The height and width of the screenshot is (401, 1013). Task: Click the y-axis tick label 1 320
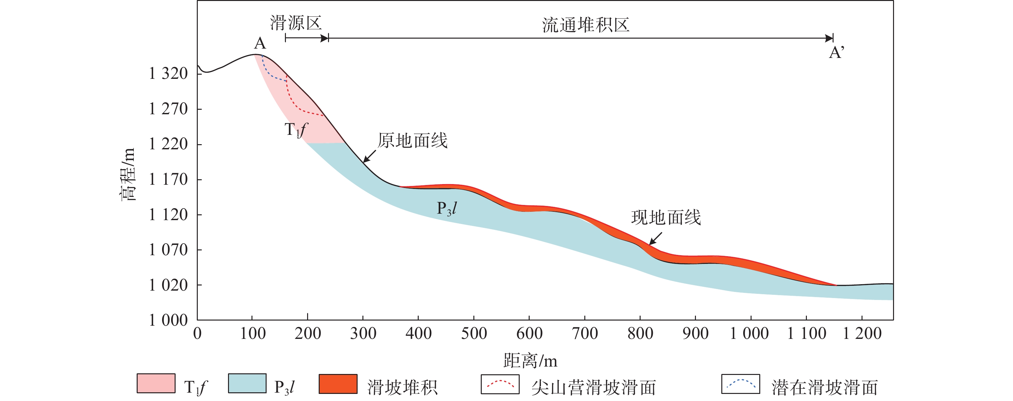168,74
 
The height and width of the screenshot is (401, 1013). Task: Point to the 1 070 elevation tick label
168,250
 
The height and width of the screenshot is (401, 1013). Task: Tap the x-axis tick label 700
585,334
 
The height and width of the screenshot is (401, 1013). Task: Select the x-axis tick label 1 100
807,334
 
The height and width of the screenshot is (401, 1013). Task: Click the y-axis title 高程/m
128,174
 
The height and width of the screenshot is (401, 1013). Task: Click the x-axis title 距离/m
530,360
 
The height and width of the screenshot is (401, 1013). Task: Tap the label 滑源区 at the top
296,23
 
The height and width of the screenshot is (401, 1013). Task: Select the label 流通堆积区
586,25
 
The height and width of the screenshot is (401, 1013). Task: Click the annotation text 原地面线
413,141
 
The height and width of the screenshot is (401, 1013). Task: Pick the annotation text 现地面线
666,218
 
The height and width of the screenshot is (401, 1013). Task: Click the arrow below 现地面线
655,238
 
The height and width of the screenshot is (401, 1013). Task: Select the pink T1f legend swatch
156,384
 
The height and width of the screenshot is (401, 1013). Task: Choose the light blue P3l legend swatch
247,384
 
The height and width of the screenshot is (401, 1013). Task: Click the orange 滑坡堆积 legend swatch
338,384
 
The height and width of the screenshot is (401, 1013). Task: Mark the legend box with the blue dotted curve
741,384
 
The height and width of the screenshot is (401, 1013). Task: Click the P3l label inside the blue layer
447,208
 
